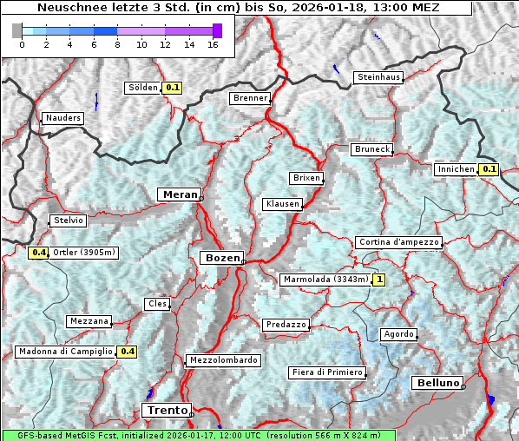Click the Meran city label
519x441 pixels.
pos(178,194)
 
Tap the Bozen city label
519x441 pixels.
pos(221,258)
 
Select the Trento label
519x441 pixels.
pos(165,410)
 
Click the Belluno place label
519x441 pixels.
pos(437,383)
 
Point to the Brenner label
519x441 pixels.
pos(250,99)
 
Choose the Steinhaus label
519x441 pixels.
pos(379,78)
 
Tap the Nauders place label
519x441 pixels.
pos(62,118)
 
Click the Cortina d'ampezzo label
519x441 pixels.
pos(398,242)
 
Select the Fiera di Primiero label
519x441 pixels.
pos(326,372)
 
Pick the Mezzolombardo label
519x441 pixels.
pos(222,360)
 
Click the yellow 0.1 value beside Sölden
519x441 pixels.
pos(173,88)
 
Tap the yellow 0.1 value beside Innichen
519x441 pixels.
pos(489,169)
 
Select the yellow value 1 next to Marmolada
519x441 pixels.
pos(378,280)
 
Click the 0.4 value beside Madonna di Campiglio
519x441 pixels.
pos(128,352)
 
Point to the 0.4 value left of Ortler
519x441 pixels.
pos(38,253)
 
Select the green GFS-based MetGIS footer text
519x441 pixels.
pos(198,435)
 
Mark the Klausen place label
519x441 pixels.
pos(282,204)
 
